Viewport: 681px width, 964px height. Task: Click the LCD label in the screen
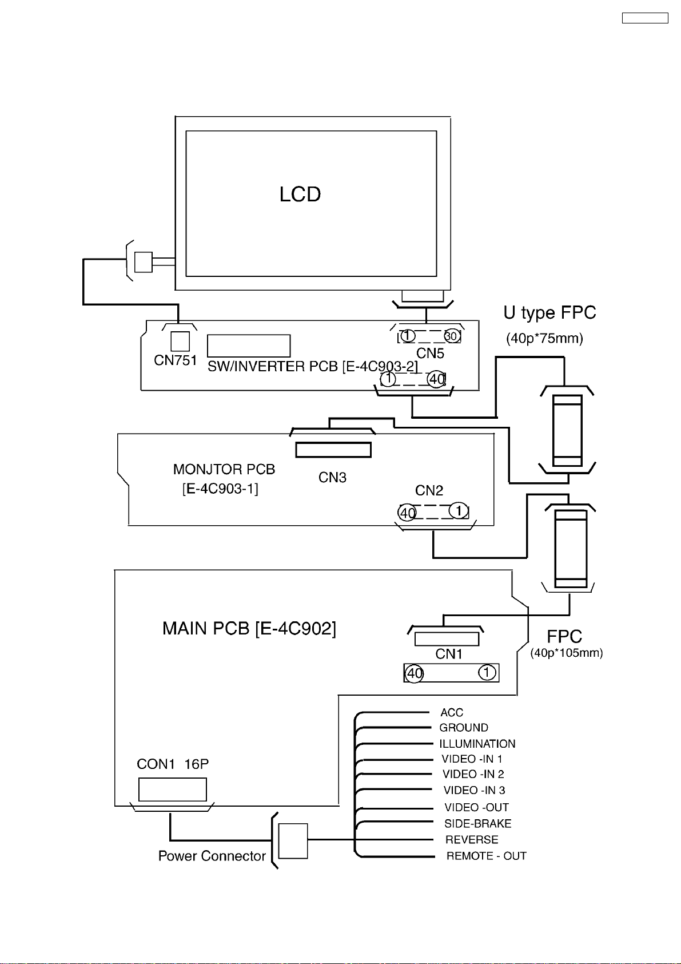300,195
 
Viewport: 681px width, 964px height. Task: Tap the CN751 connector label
176,360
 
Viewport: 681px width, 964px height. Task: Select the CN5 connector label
430,353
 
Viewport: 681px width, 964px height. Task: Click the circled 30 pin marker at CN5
452,336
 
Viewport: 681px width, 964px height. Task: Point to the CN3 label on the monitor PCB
332,478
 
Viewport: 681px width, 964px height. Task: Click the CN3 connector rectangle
333,450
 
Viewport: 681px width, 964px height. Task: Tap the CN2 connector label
429,490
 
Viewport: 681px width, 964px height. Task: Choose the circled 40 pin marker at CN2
407,513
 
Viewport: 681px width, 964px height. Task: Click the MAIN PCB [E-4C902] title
249,629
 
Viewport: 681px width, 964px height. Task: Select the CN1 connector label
449,654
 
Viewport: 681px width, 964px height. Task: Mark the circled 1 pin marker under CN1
487,672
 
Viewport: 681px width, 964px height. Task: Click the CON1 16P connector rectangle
172,790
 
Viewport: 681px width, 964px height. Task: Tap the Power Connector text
212,856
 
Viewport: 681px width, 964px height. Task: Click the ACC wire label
452,712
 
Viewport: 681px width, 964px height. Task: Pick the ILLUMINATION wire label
477,744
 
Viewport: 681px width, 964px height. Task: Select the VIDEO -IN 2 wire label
473,774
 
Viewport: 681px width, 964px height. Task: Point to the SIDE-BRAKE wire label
478,824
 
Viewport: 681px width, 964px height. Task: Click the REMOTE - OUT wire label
487,856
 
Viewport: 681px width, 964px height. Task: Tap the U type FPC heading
549,313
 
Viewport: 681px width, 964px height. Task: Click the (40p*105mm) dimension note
567,653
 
